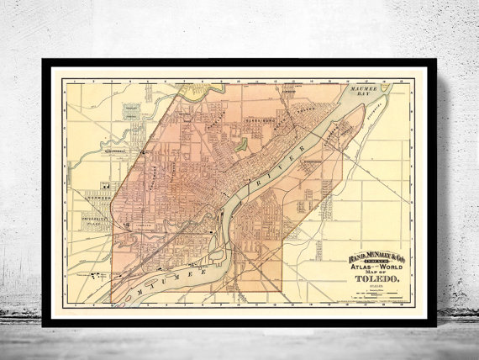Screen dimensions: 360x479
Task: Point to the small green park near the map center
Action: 241,144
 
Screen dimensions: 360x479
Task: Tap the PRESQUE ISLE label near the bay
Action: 376,106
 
